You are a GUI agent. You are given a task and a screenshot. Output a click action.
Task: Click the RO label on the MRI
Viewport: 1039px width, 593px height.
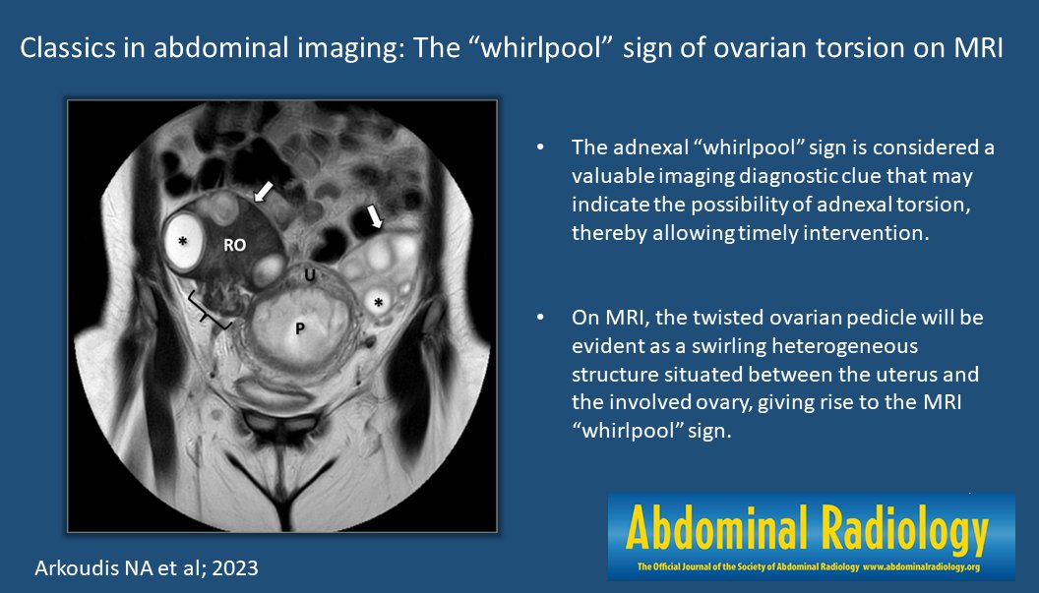click(234, 246)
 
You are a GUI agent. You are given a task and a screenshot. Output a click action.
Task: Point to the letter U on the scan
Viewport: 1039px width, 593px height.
click(309, 276)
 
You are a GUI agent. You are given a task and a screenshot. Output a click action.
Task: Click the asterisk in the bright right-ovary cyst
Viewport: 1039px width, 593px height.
click(183, 241)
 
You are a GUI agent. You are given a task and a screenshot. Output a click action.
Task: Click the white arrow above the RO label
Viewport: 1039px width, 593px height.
click(262, 191)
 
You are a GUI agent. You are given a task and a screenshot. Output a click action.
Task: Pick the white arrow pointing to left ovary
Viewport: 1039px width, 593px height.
click(375, 216)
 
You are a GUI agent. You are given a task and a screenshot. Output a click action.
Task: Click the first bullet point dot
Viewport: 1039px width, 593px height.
click(539, 148)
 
